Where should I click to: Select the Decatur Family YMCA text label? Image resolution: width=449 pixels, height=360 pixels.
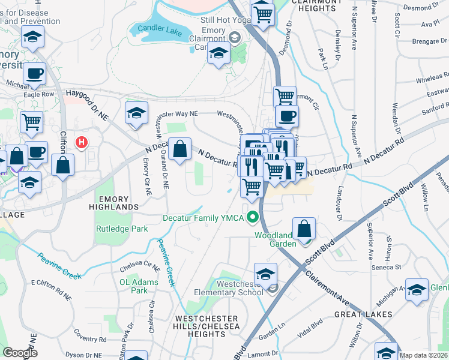[205, 217]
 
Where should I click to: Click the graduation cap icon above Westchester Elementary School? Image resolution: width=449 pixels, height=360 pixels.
[265, 274]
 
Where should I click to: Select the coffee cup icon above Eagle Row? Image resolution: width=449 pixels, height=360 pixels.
[34, 74]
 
